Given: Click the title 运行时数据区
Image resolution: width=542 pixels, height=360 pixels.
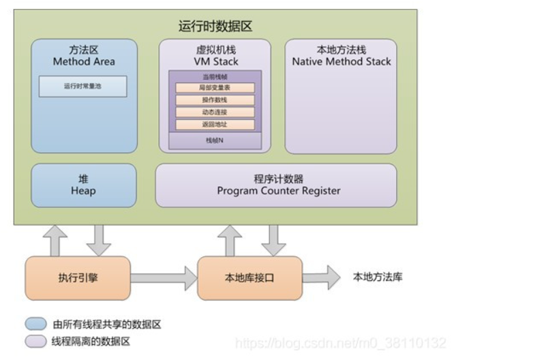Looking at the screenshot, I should pyautogui.click(x=215, y=27).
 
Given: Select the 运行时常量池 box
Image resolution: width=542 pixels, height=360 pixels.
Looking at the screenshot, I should pyautogui.click(x=82, y=87).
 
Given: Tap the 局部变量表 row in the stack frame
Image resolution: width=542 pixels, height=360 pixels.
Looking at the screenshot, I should pyautogui.click(x=215, y=88).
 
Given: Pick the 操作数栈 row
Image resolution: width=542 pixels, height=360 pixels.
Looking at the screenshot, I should pyautogui.click(x=215, y=100).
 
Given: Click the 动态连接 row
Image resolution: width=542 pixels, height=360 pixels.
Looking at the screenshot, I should pyautogui.click(x=215, y=112).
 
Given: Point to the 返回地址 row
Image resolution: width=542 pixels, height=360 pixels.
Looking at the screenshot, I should pyautogui.click(x=215, y=125).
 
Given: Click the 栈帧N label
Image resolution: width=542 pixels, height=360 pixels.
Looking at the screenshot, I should pyautogui.click(x=215, y=140).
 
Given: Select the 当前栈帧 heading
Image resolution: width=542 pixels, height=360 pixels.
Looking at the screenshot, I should pyautogui.click(x=215, y=76).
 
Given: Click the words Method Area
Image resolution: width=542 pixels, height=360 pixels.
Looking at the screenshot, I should pyautogui.click(x=83, y=61).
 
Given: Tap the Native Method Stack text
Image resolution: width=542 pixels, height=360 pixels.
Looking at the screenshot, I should pyautogui.click(x=342, y=61).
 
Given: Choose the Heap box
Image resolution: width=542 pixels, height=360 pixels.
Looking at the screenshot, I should pyautogui.click(x=83, y=185).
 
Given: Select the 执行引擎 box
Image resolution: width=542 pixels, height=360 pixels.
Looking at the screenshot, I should pyautogui.click(x=78, y=277).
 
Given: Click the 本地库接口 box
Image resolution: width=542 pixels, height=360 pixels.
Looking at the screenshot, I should pyautogui.click(x=250, y=277).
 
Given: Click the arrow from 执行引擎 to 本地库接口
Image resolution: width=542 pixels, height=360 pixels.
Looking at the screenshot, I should pyautogui.click(x=164, y=277).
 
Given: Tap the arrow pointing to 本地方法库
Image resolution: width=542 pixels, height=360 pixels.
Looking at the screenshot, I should pyautogui.click(x=321, y=277).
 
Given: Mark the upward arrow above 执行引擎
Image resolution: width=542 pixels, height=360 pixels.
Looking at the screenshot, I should pyautogui.click(x=55, y=240).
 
